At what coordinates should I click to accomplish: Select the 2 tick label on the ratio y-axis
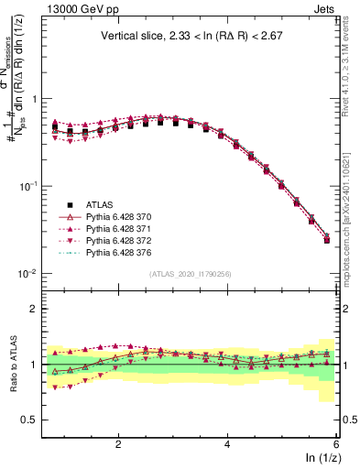(x=34, y=309)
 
